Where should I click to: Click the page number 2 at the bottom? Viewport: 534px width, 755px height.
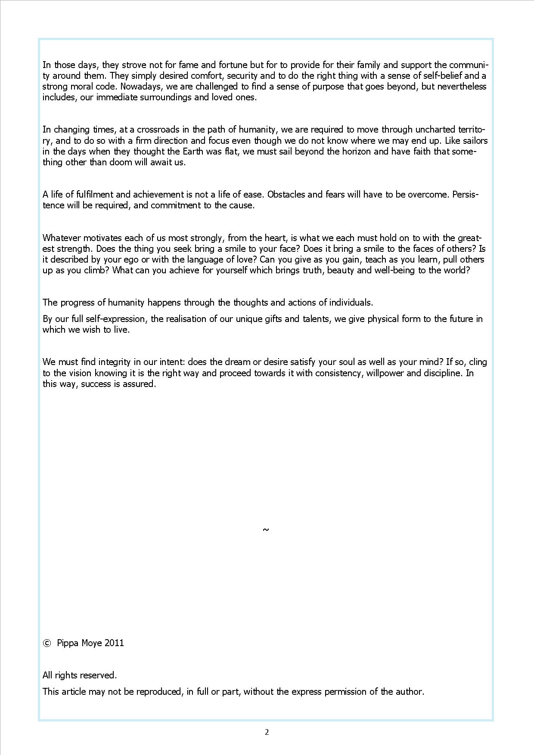pos(267,732)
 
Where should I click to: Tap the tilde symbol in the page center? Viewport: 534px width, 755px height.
pos(266,529)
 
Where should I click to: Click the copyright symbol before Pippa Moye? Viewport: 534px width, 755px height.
pos(47,643)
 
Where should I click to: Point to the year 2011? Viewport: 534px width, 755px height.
pos(114,643)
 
